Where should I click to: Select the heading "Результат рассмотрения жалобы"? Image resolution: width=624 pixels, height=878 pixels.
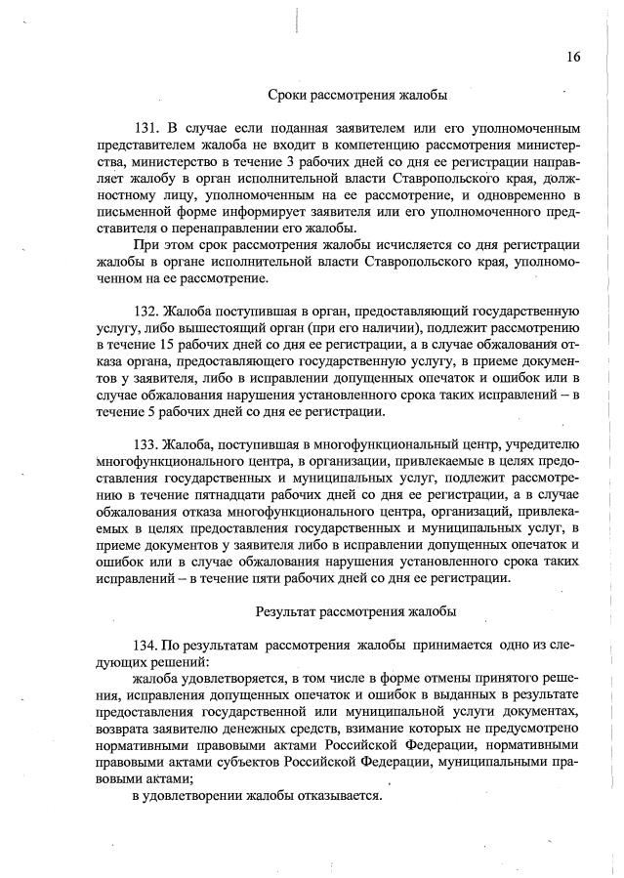(x=357, y=612)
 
